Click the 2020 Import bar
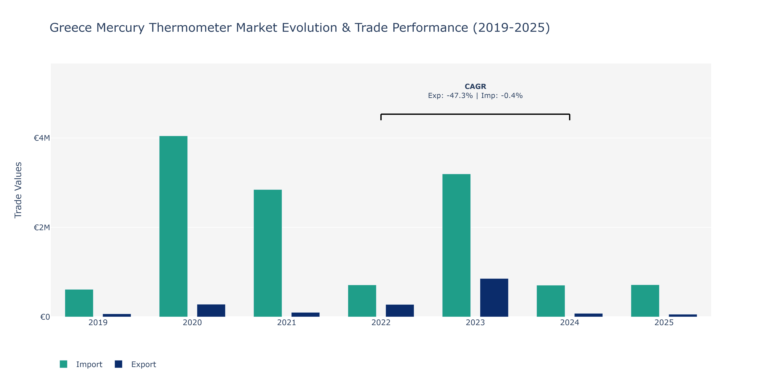pos(173,226)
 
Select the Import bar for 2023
pos(456,246)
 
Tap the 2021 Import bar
pos(268,253)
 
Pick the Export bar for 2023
pos(494,298)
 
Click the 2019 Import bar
pos(79,303)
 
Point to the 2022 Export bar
pos(400,311)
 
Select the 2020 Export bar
pos(211,311)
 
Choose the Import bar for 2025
pos(645,301)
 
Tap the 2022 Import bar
pos(362,301)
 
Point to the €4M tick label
pos(42,138)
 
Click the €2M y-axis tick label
pos(42,227)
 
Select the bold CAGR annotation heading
pos(475,86)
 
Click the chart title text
pos(300,27)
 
